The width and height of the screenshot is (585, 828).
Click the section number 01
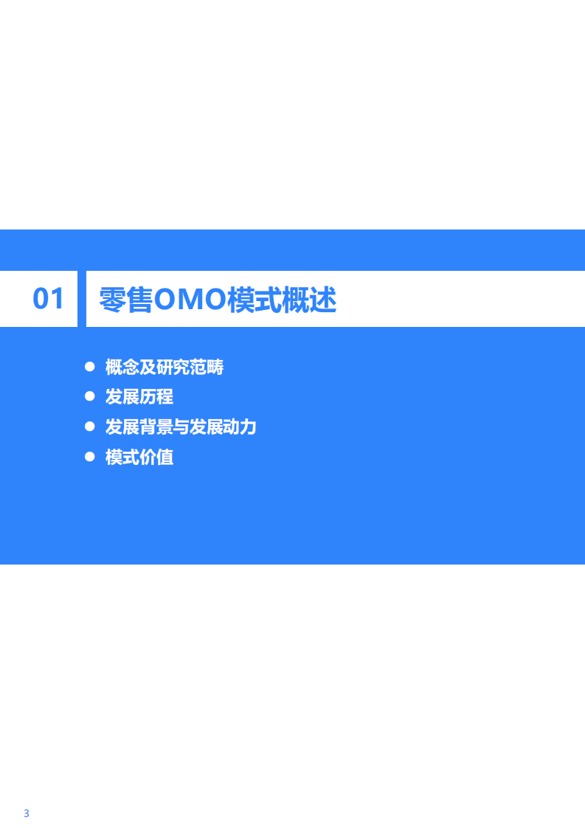[49, 299]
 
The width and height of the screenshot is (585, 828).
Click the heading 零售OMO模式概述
[218, 300]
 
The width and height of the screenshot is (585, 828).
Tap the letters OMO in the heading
[191, 300]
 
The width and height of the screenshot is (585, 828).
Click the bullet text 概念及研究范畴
[165, 367]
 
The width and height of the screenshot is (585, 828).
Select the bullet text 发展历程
[139, 397]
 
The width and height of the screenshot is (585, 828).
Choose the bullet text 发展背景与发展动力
[181, 427]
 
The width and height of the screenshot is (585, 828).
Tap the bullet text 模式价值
[139, 458]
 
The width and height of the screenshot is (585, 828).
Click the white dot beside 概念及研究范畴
[90, 366]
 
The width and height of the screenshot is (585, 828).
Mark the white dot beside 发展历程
[90, 396]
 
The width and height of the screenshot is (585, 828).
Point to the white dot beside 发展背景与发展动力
[90, 427]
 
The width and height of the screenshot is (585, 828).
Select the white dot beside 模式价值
[90, 457]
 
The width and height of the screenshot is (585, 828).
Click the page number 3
[27, 793]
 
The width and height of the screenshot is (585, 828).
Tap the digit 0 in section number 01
[41, 299]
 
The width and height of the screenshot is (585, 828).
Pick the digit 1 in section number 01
[58, 299]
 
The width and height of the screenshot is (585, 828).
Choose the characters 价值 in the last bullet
[156, 458]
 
